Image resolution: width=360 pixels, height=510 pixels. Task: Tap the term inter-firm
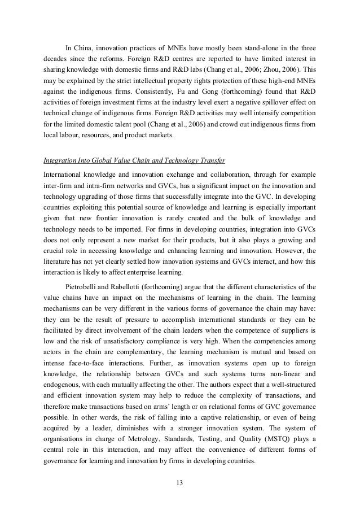click(58, 185)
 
